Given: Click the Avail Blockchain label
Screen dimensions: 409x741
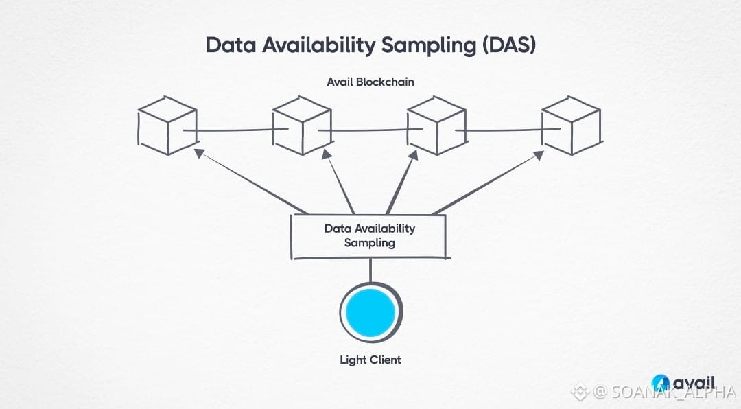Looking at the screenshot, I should (370, 82).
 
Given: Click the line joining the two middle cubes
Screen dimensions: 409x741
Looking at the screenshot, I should (369, 130).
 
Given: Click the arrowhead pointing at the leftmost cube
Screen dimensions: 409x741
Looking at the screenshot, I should (199, 152).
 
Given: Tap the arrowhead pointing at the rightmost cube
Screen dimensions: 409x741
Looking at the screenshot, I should (539, 155).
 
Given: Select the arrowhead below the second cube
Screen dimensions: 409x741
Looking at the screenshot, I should (326, 156).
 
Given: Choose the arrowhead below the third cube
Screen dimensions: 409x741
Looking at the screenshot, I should (414, 155).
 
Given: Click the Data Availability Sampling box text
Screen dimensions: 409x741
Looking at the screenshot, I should (370, 235).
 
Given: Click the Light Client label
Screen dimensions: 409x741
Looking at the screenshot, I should (370, 360).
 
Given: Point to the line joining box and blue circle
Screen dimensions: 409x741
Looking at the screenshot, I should (370, 270).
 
